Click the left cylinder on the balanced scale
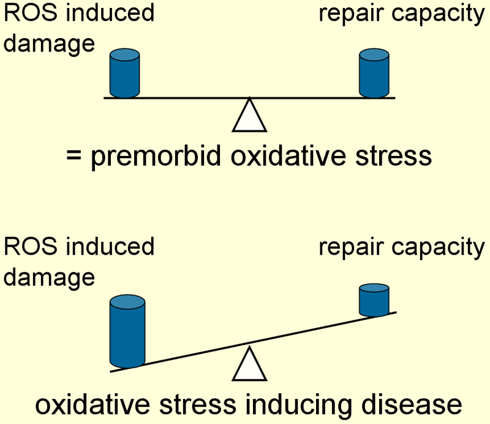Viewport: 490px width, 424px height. click(125, 73)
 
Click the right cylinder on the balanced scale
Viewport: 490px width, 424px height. click(374, 73)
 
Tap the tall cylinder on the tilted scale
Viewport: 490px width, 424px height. click(127, 332)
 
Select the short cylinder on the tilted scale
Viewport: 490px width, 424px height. click(374, 299)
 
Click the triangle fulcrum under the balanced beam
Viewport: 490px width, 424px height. click(249, 116)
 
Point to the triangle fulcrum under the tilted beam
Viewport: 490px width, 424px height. click(249, 365)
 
